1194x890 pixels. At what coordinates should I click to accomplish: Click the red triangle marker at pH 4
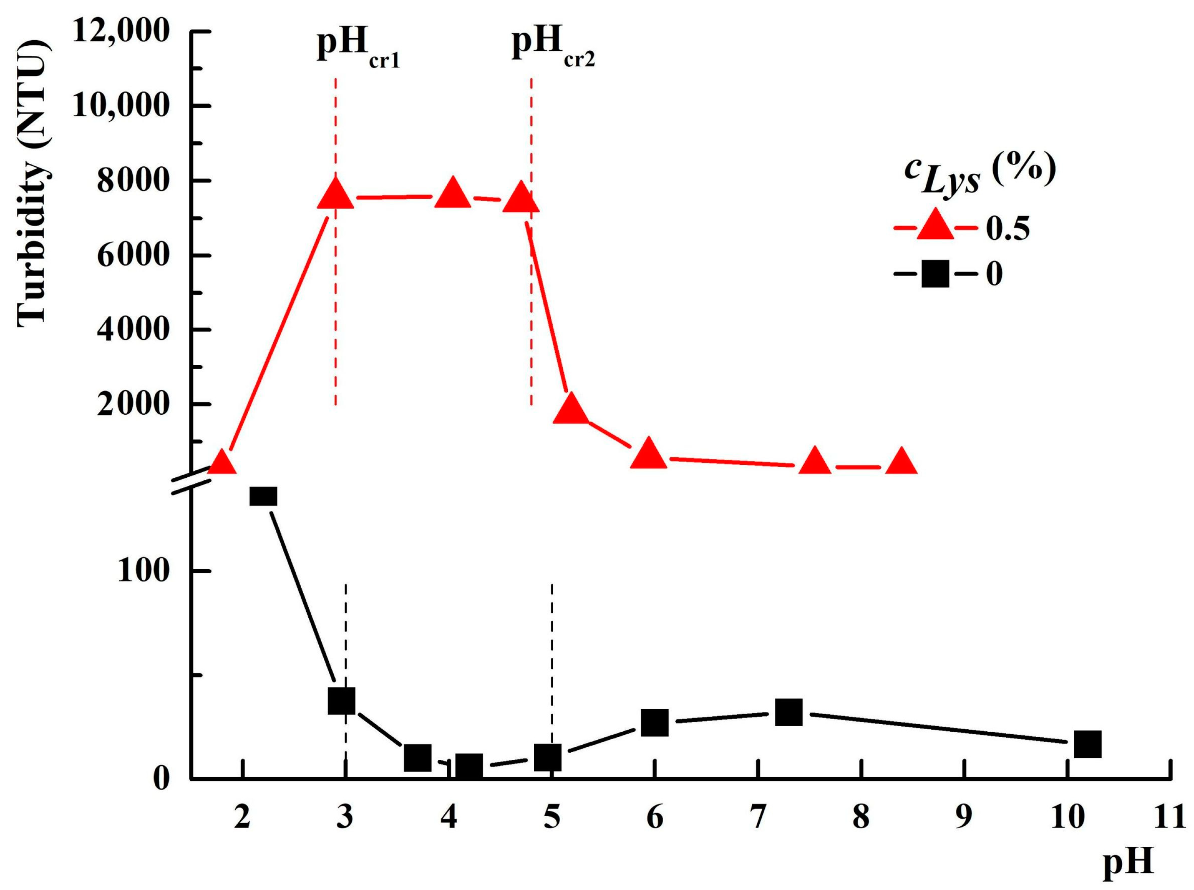[452, 194]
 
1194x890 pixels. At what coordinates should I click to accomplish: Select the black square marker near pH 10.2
[1087, 744]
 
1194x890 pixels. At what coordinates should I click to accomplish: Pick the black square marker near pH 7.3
[789, 713]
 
